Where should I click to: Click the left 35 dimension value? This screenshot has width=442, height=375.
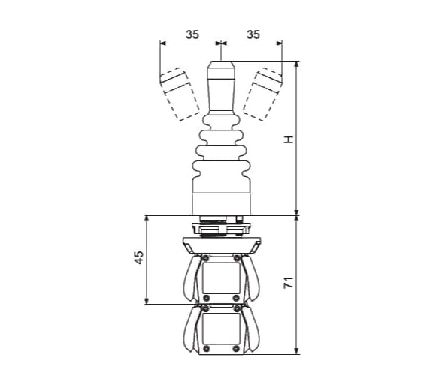tap(192, 34)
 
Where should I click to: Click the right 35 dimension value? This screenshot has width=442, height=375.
tap(253, 34)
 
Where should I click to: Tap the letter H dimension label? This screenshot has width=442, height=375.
tap(289, 139)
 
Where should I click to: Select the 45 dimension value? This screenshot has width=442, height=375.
tap(138, 257)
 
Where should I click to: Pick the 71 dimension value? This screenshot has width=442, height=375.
tap(289, 283)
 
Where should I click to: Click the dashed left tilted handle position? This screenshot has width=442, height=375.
tap(180, 94)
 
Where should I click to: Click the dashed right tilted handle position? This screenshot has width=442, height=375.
tap(262, 94)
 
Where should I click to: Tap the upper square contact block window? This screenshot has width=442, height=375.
tap(221, 278)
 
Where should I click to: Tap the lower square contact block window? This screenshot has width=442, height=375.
tap(221, 328)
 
